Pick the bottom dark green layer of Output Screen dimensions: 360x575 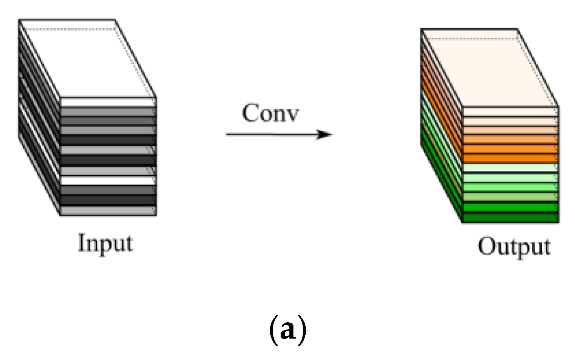(x=510, y=218)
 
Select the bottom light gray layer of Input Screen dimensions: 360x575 (x=108, y=211)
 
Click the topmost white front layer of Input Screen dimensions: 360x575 (x=108, y=102)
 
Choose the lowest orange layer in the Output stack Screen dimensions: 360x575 (x=510, y=158)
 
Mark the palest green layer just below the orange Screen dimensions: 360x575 (x=510, y=168)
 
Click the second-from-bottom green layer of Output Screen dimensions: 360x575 (x=510, y=207)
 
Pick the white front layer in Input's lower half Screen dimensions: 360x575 (x=108, y=180)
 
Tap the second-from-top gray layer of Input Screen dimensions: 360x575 (x=108, y=121)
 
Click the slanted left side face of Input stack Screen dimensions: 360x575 (x=39, y=118)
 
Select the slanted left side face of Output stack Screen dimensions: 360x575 (x=442, y=128)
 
